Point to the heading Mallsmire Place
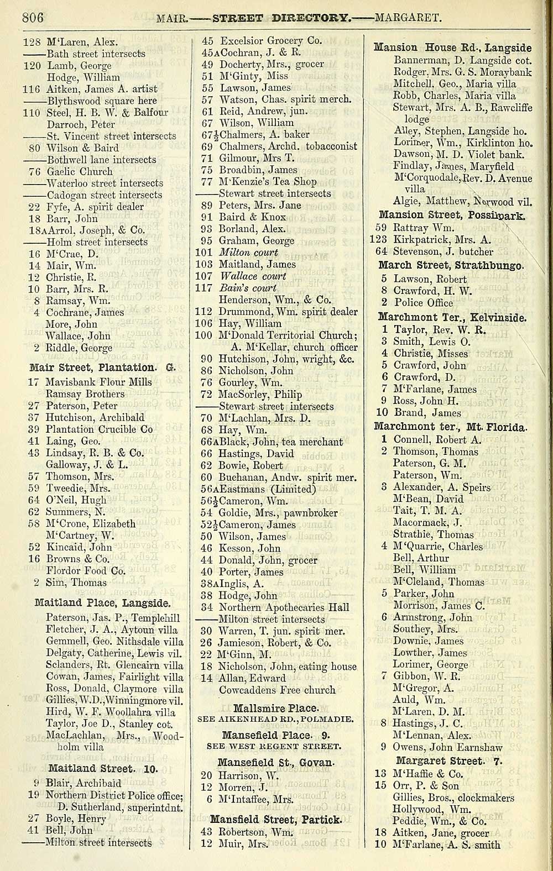(275, 707)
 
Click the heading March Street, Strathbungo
(451, 265)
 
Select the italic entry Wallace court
(253, 276)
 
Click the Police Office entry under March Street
(423, 303)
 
